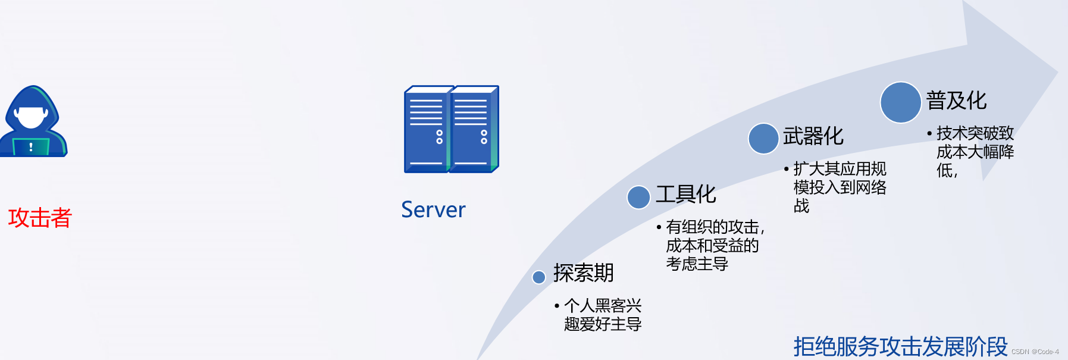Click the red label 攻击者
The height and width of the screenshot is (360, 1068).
(x=40, y=218)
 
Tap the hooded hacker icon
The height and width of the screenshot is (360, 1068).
(x=33, y=121)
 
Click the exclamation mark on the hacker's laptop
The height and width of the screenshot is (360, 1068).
(x=31, y=146)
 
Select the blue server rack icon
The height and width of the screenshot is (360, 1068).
(x=451, y=129)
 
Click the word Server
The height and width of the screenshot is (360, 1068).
(x=433, y=210)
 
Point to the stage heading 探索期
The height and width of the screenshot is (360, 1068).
(x=583, y=273)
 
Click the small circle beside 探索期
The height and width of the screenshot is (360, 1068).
(x=539, y=277)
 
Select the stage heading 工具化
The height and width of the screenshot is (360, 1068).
(x=685, y=195)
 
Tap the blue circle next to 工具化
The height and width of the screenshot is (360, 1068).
(x=638, y=197)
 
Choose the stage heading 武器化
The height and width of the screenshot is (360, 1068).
(x=813, y=136)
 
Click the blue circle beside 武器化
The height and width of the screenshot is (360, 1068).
(x=763, y=139)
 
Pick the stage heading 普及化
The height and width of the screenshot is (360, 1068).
(x=956, y=101)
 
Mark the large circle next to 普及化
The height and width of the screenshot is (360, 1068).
(x=901, y=102)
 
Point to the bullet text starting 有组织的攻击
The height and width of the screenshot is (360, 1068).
(x=712, y=245)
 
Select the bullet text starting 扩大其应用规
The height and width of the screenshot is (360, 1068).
(x=839, y=187)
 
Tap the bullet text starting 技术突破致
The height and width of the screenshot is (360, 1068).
(x=975, y=151)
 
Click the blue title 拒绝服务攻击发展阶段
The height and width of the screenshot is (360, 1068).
(x=900, y=346)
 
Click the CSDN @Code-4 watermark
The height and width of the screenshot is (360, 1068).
(x=1035, y=352)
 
